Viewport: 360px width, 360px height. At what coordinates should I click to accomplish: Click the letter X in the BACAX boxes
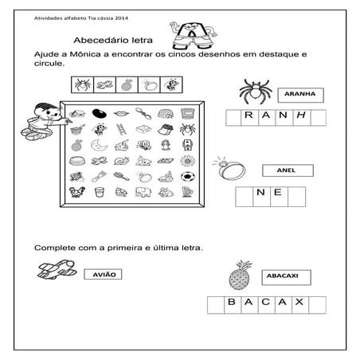pyautogui.click(x=299, y=303)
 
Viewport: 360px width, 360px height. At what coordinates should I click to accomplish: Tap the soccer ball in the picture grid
pyautogui.click(x=186, y=174)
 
